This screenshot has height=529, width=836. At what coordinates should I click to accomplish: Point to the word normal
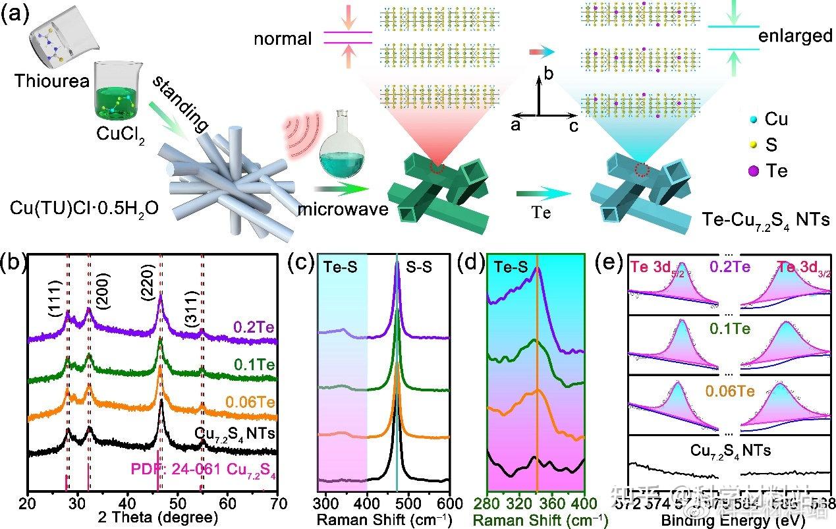pos(283,39)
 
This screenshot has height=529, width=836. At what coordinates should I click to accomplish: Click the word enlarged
pos(795,36)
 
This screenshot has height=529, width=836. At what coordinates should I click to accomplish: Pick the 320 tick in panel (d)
pos(534,503)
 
